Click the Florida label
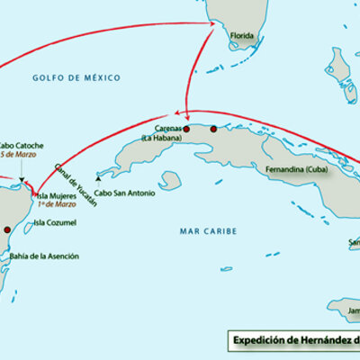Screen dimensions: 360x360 [243, 38]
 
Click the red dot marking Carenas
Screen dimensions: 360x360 [186, 129]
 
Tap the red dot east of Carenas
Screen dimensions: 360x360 [213, 129]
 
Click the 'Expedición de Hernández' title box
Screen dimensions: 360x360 [292, 340]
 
